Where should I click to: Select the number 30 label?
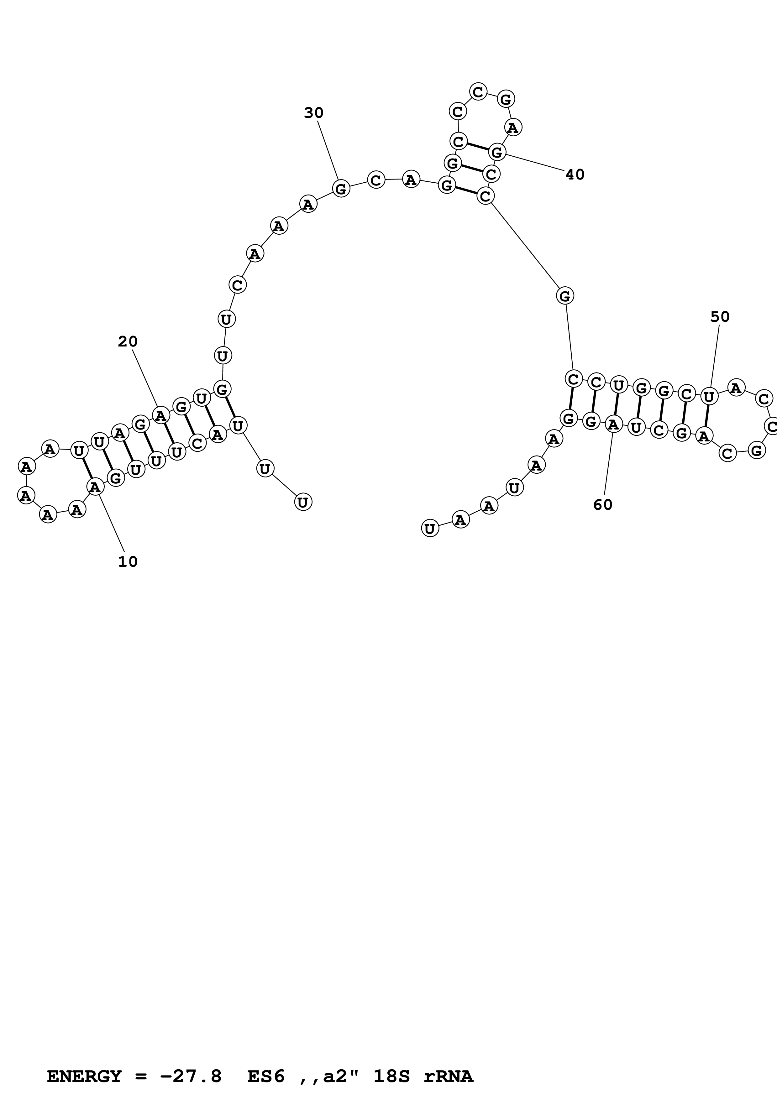tap(313, 113)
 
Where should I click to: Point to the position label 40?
tap(575, 175)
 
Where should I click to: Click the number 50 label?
tap(720, 317)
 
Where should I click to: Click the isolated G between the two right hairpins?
tap(565, 296)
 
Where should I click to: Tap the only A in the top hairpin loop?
tap(513, 127)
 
